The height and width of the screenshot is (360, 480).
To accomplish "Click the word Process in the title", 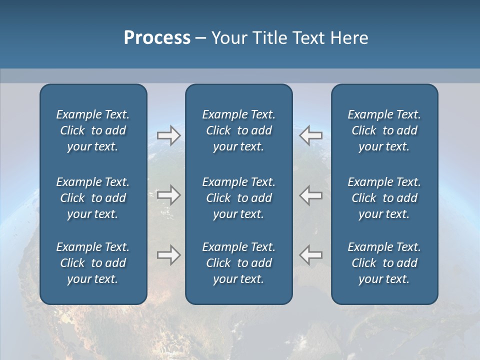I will point(157,38).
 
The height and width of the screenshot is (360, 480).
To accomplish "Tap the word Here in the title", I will point(348,38).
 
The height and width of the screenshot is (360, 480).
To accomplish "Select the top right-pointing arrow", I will point(168,135).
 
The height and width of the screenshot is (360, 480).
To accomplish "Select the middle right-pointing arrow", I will point(168,195).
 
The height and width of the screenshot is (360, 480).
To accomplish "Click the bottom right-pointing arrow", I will point(168,254).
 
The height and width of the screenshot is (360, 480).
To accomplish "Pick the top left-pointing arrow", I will point(311,135).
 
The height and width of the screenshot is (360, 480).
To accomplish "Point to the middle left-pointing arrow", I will point(311,195).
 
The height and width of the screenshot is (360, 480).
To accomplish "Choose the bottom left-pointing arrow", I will point(311,254).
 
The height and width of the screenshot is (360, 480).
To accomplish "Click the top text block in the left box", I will point(93,130).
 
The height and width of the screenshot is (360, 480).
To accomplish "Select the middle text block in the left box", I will point(93,198).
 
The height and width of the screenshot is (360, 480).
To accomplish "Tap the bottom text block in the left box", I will point(93,263).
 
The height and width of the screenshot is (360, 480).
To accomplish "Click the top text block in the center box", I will point(238,130).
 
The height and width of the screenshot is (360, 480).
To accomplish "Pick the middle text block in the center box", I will point(238,198).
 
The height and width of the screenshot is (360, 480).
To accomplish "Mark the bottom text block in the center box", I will point(238,263).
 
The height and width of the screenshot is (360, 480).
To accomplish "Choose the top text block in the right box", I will point(384,130).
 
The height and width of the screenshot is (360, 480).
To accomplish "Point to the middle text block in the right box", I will point(384,198).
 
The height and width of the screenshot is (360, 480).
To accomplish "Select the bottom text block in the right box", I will point(384,263).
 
